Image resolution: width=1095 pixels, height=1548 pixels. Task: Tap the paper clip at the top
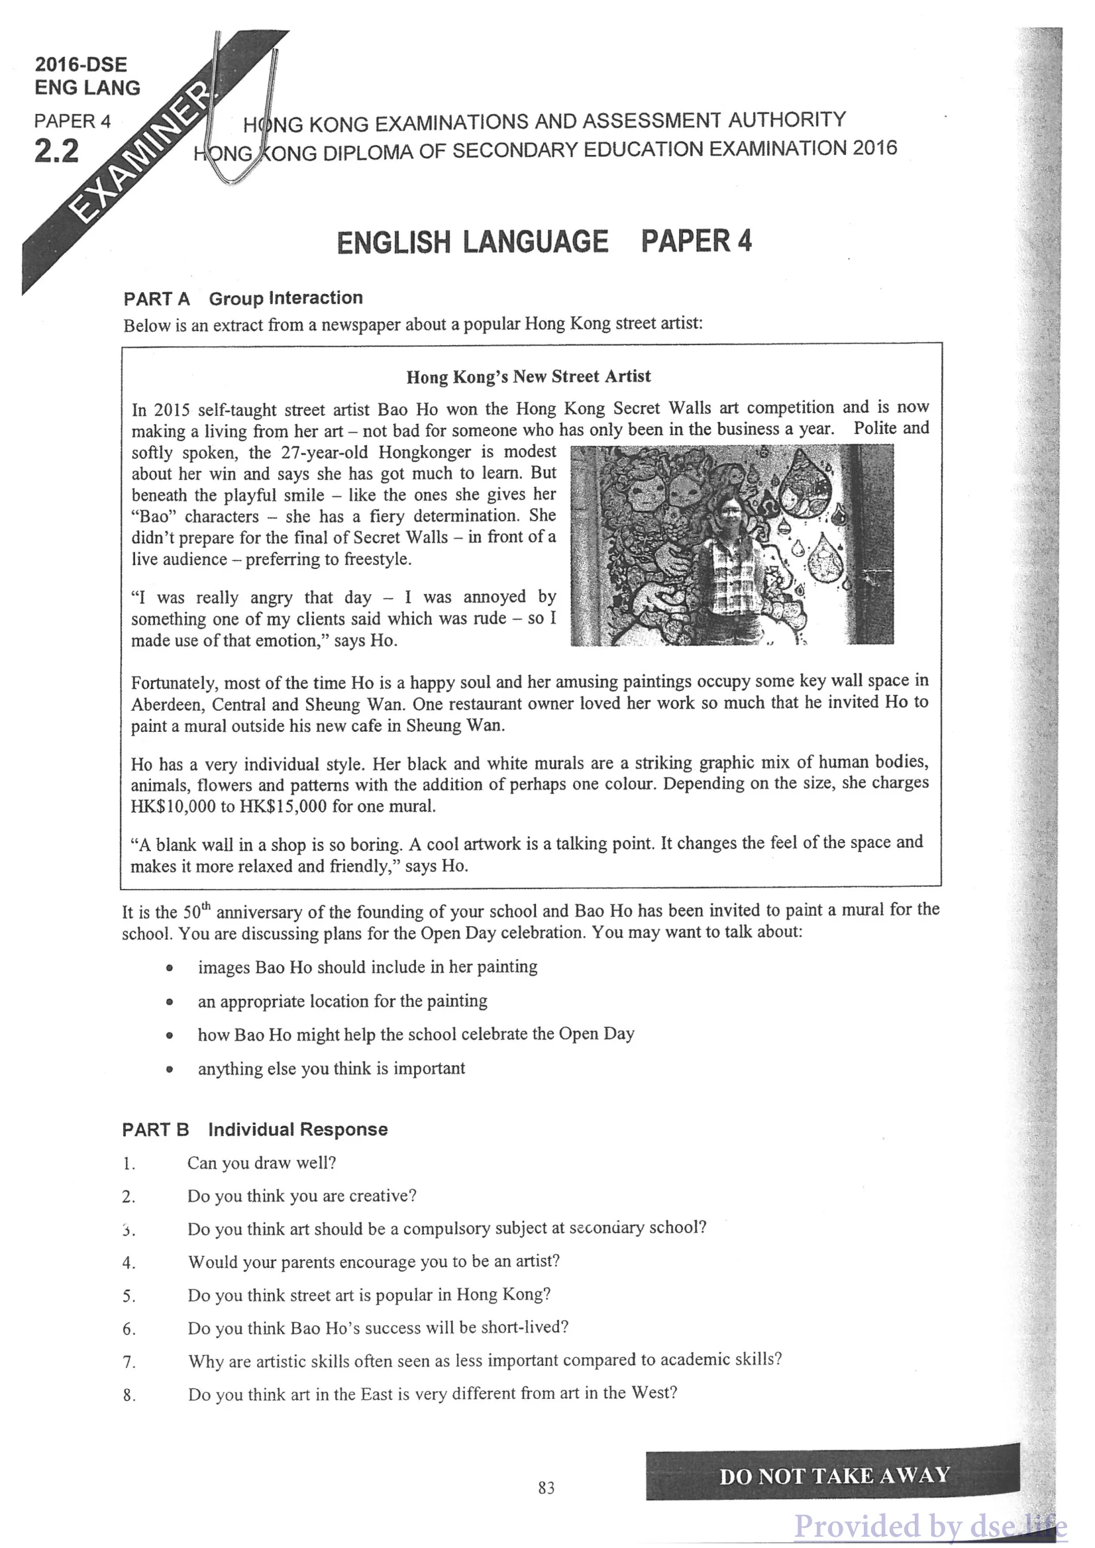coord(242,108)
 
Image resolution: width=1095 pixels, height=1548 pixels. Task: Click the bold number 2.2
coord(57,151)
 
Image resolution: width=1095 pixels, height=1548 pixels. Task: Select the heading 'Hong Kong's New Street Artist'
coord(529,376)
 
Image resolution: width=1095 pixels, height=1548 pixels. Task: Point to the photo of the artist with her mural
coord(732,544)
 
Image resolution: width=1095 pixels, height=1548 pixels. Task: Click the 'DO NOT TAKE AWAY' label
coord(834,1476)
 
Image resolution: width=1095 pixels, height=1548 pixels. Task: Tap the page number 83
coord(546,1488)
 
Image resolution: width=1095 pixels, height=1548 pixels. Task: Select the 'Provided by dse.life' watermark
coord(931,1525)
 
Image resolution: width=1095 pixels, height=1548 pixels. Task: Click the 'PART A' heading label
coord(156,299)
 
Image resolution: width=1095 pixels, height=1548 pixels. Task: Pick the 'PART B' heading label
coord(156,1130)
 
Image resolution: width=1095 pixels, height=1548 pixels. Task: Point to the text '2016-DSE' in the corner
coord(81,65)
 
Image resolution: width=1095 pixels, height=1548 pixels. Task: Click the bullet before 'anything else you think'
coord(170,1069)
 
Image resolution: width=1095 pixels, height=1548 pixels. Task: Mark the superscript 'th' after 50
coord(205,905)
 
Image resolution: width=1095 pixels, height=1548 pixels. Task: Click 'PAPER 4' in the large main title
coord(696,241)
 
